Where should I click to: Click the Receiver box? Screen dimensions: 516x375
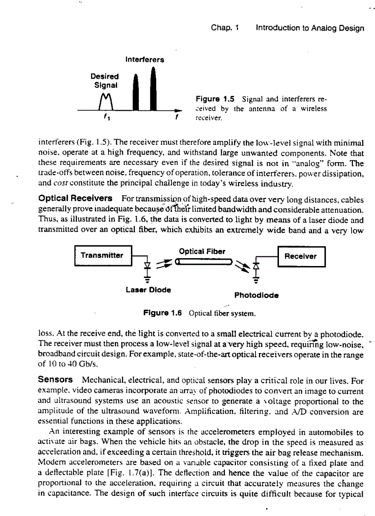tap(301, 256)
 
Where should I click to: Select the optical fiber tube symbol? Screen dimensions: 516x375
tap(202, 261)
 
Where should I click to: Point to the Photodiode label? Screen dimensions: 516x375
tap(256, 295)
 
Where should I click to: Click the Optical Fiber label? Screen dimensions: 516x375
tap(201, 251)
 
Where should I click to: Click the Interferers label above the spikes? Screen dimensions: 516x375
tap(144, 60)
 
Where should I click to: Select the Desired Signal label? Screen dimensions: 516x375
tap(104, 80)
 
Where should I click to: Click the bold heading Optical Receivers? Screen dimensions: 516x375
tap(76, 198)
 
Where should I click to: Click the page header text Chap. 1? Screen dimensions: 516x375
tap(225, 28)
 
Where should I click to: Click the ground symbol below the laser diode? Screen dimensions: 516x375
tap(148, 279)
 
